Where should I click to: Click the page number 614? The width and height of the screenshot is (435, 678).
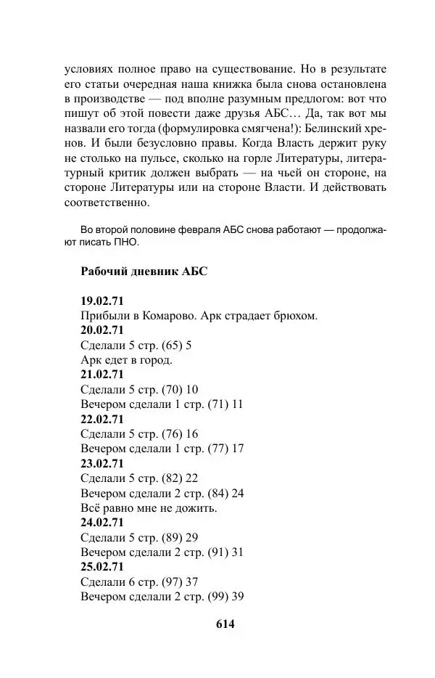pos(226,624)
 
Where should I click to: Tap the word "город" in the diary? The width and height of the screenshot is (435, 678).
pos(157,360)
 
